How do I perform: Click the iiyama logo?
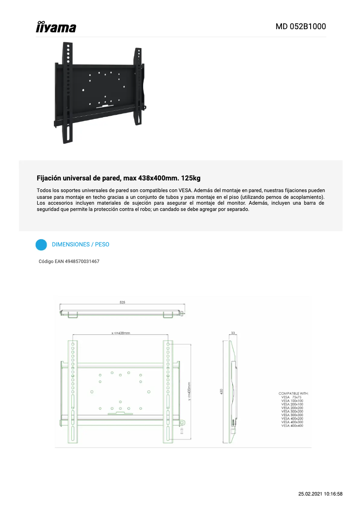pos(56,27)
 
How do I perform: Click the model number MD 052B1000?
pos(300,26)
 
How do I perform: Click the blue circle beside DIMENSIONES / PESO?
pos(41,245)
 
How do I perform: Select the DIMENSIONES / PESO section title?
pos(80,245)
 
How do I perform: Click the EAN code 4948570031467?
pos(82,261)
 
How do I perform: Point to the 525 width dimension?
pos(123,303)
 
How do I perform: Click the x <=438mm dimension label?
pos(120,333)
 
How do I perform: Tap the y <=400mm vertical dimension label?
pos(189,391)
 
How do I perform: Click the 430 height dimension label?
pos(221,391)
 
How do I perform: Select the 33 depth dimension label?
pos(233,333)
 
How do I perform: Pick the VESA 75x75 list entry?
pos(292,397)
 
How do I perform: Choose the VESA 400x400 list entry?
pos(292,426)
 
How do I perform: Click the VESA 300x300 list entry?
pos(292,415)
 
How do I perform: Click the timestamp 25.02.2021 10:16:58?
pos(320,494)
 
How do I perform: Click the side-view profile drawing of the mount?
pos(230,391)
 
